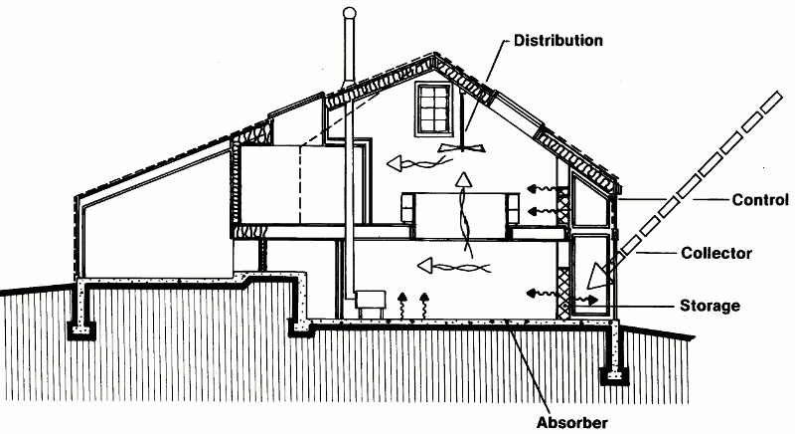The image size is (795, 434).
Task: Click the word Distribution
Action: [558, 41]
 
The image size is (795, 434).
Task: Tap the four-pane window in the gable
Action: [434, 109]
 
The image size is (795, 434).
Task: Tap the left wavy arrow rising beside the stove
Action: [401, 305]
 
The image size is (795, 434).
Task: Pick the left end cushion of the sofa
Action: [407, 210]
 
